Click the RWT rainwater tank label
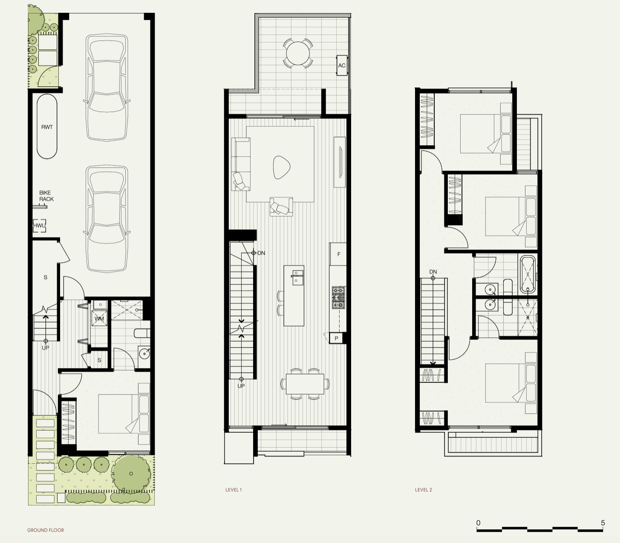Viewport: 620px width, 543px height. (47, 127)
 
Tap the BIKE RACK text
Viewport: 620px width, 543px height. (46, 196)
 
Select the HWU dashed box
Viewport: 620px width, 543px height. (40, 226)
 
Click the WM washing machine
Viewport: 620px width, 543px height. (99, 319)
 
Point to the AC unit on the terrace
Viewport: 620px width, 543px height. (342, 65)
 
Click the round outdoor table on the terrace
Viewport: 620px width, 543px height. (298, 53)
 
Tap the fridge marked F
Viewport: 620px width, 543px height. (339, 254)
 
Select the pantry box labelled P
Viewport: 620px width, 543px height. (336, 338)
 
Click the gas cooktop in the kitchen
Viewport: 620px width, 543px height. (339, 297)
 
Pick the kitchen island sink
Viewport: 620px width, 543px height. (297, 277)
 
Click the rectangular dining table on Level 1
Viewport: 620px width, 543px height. (305, 384)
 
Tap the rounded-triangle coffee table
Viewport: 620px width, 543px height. (282, 167)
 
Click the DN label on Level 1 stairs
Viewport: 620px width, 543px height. (261, 253)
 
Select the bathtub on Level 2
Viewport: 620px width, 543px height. (528, 274)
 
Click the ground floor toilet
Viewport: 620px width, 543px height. (141, 333)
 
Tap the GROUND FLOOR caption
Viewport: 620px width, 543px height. (46, 530)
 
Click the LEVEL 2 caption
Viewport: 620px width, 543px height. (424, 490)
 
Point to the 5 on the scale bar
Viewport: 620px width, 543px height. (603, 523)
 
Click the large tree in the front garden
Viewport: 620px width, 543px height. (131, 473)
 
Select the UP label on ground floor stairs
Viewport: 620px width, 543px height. (46, 348)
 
